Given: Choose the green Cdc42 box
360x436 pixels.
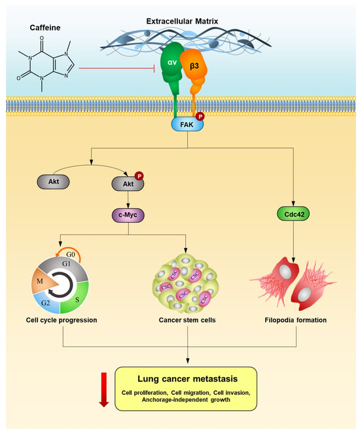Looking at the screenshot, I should (x=293, y=213).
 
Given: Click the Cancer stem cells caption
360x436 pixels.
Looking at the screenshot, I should (x=187, y=320).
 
